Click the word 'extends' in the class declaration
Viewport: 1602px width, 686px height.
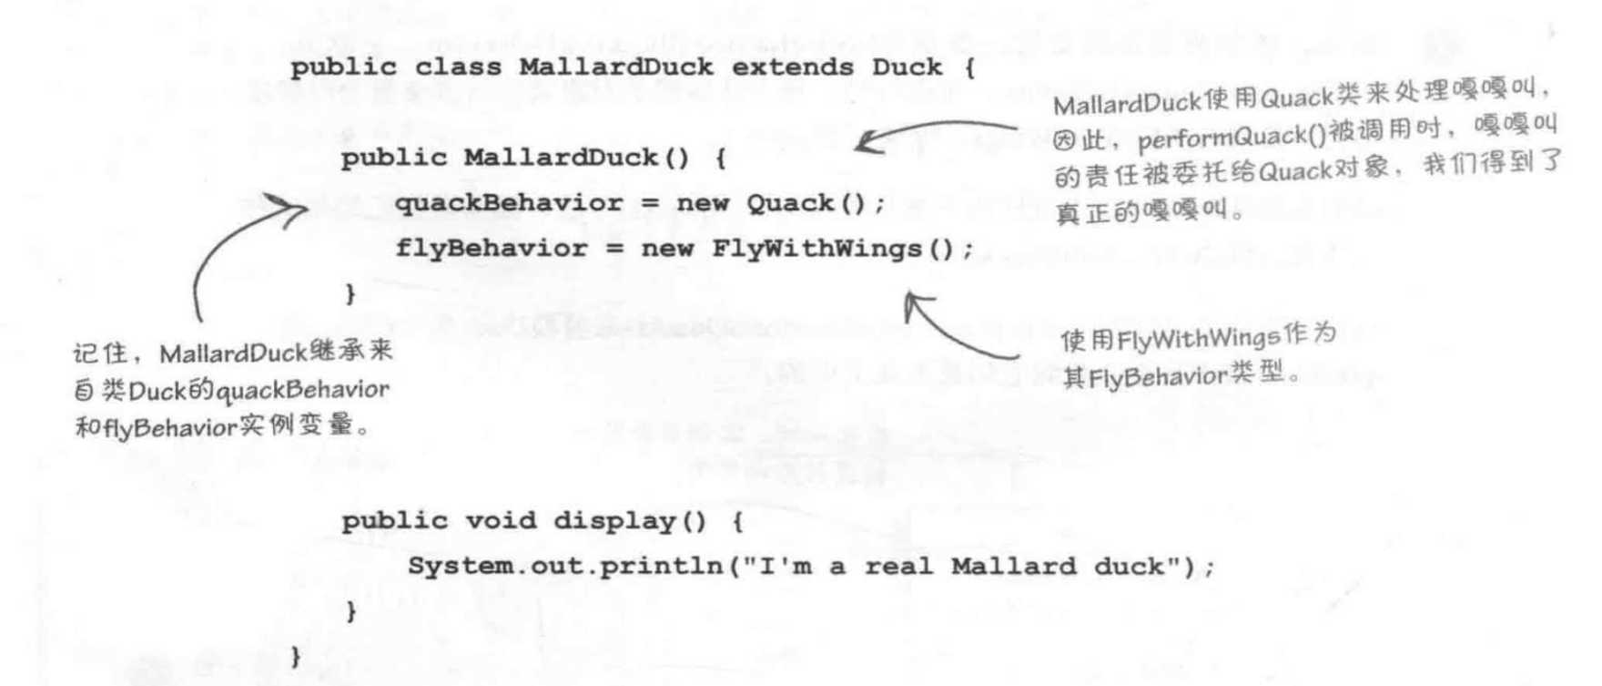coord(793,67)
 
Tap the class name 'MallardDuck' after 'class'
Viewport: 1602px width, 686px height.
coord(616,67)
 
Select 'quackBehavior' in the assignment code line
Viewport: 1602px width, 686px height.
coord(509,203)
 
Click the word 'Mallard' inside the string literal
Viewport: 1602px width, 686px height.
coord(1013,567)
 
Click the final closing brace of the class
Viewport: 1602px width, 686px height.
coord(295,657)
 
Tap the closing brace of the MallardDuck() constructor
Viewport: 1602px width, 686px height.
coord(350,294)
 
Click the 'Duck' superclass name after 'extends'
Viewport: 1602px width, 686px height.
coord(907,67)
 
